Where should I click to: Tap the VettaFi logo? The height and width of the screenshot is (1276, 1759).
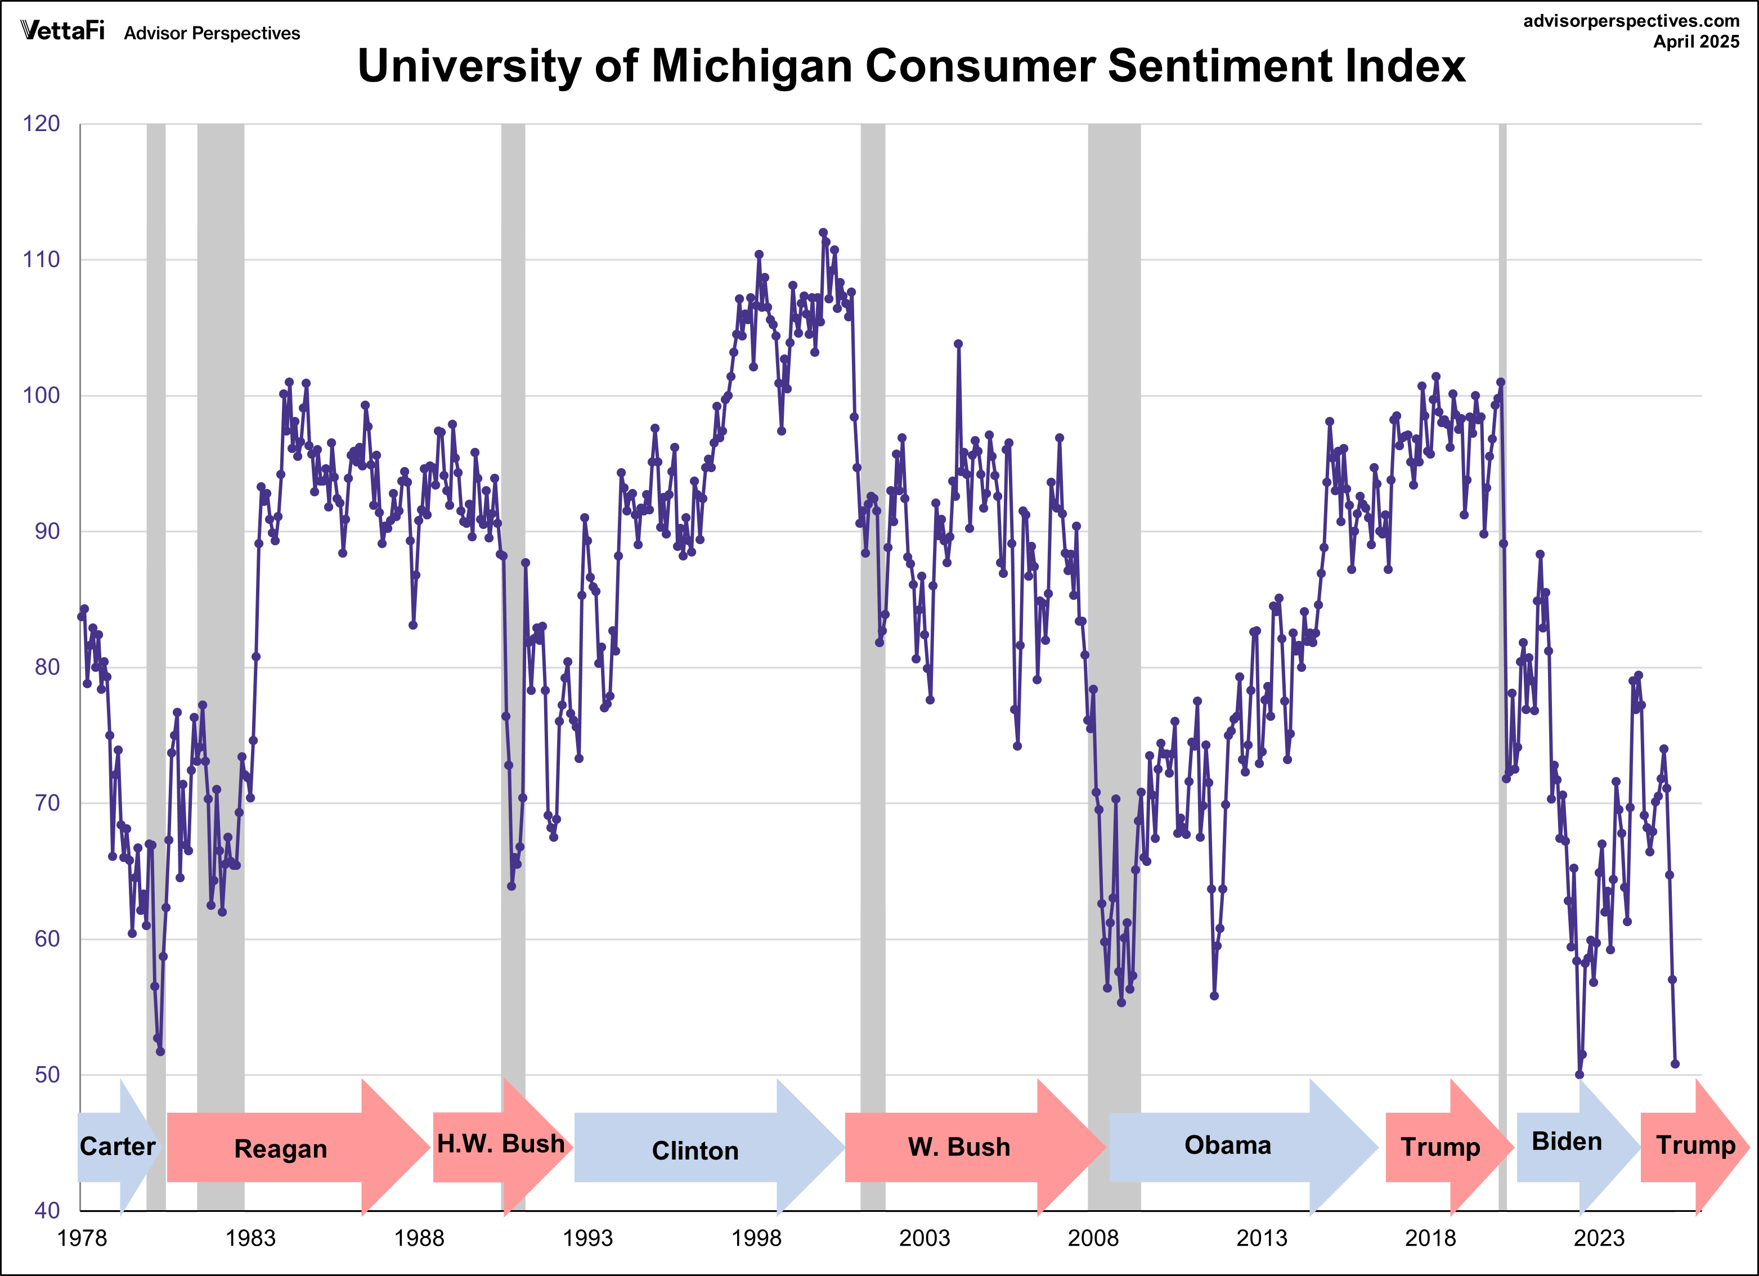[62, 31]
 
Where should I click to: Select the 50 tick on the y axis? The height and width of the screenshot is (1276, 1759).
[47, 1075]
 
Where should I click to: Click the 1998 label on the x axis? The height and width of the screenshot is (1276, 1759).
[756, 1238]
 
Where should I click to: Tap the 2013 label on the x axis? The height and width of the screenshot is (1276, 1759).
[1261, 1238]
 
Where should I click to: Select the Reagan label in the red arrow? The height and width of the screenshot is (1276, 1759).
[280, 1149]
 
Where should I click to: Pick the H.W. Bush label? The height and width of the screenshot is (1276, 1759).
[501, 1143]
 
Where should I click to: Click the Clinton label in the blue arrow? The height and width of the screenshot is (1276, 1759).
[695, 1151]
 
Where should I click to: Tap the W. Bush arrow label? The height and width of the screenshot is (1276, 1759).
[959, 1147]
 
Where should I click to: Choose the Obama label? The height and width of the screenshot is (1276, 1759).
[1228, 1145]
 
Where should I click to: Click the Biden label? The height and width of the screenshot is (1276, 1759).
[1567, 1142]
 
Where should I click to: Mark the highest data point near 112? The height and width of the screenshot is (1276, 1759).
[823, 233]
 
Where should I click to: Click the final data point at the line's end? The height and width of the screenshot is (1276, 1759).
[1675, 1063]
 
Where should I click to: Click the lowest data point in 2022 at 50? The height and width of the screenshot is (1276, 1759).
[1579, 1075]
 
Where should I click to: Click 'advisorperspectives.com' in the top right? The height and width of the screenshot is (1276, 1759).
[1631, 21]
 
